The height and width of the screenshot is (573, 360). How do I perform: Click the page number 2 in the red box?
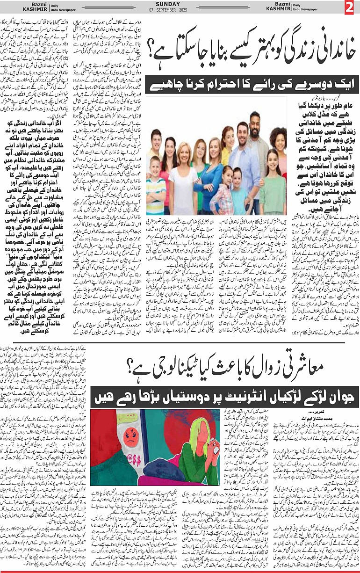(x=350, y=8)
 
